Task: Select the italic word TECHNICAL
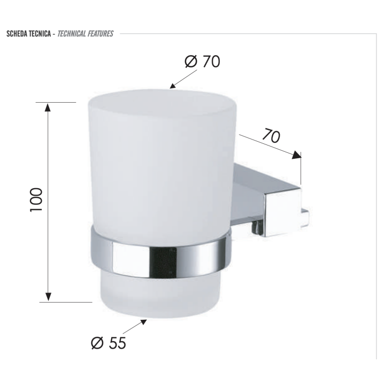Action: pyautogui.click(x=72, y=34)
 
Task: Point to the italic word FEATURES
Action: pyautogui.click(x=101, y=34)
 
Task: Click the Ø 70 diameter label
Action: pyautogui.click(x=202, y=61)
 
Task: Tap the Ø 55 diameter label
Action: pyautogui.click(x=108, y=343)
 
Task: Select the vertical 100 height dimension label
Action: pyautogui.click(x=36, y=200)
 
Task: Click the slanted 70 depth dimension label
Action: pyautogui.click(x=271, y=135)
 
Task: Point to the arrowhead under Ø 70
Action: pyautogui.click(x=173, y=86)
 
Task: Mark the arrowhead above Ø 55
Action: pyautogui.click(x=144, y=322)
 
